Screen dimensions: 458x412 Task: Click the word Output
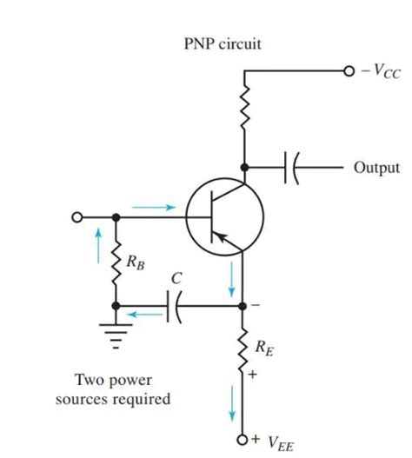(x=376, y=167)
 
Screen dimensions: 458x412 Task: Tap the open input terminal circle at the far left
(x=77, y=216)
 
